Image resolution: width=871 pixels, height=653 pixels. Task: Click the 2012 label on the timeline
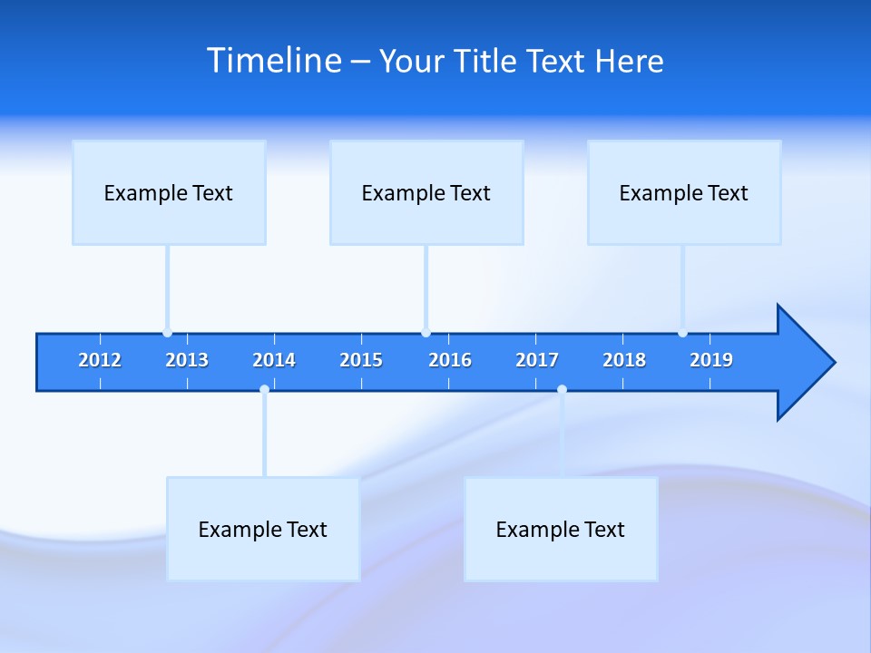coord(100,360)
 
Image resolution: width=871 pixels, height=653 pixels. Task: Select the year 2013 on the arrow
coord(187,360)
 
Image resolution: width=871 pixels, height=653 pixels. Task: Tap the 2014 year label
coord(274,360)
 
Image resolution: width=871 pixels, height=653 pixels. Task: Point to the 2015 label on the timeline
coord(361,360)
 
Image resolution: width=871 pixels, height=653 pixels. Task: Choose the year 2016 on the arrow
coord(450,360)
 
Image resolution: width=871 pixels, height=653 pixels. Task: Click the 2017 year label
coord(537,360)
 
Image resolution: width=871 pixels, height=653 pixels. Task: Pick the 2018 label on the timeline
coord(624,360)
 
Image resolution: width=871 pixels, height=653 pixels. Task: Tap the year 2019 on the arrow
coord(711,360)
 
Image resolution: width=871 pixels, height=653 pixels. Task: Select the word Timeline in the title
coord(273,61)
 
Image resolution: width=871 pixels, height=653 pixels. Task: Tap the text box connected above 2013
coord(169,192)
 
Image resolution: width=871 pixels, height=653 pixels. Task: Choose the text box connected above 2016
coord(426,192)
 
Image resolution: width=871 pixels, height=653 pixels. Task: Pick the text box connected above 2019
coord(684,192)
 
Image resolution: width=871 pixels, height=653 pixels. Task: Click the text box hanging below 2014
coord(263,529)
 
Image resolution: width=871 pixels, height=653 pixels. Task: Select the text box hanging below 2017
coord(561,529)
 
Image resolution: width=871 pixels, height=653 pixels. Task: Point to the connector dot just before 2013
coord(167,333)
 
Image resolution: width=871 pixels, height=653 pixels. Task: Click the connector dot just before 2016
coord(426,333)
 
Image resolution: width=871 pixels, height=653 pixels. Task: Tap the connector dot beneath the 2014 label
coord(264,390)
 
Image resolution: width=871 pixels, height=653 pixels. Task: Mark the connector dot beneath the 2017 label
coord(562,390)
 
